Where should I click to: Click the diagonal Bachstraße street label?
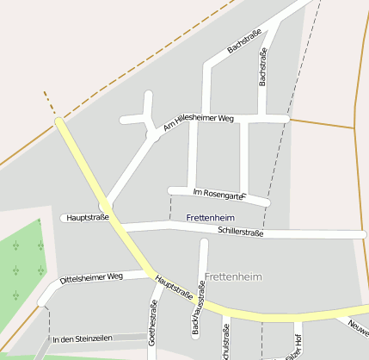pyautogui.click(x=243, y=40)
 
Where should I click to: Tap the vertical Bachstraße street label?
pyautogui.click(x=263, y=67)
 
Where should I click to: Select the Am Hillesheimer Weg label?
pyautogui.click(x=198, y=123)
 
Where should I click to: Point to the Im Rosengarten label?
pyautogui.click(x=220, y=194)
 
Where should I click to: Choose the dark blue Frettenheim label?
pyautogui.click(x=211, y=219)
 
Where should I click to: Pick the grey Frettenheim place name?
pyautogui.click(x=233, y=276)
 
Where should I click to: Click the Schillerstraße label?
pyautogui.click(x=241, y=232)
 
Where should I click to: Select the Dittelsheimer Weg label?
pyautogui.click(x=93, y=278)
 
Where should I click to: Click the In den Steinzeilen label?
pyautogui.click(x=83, y=339)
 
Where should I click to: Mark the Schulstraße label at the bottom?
pyautogui.click(x=226, y=343)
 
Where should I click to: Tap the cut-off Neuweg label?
pyautogui.click(x=359, y=326)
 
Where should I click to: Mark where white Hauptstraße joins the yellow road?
pyautogui.click(x=105, y=208)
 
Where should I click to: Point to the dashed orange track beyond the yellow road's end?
pyautogui.click(x=49, y=103)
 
